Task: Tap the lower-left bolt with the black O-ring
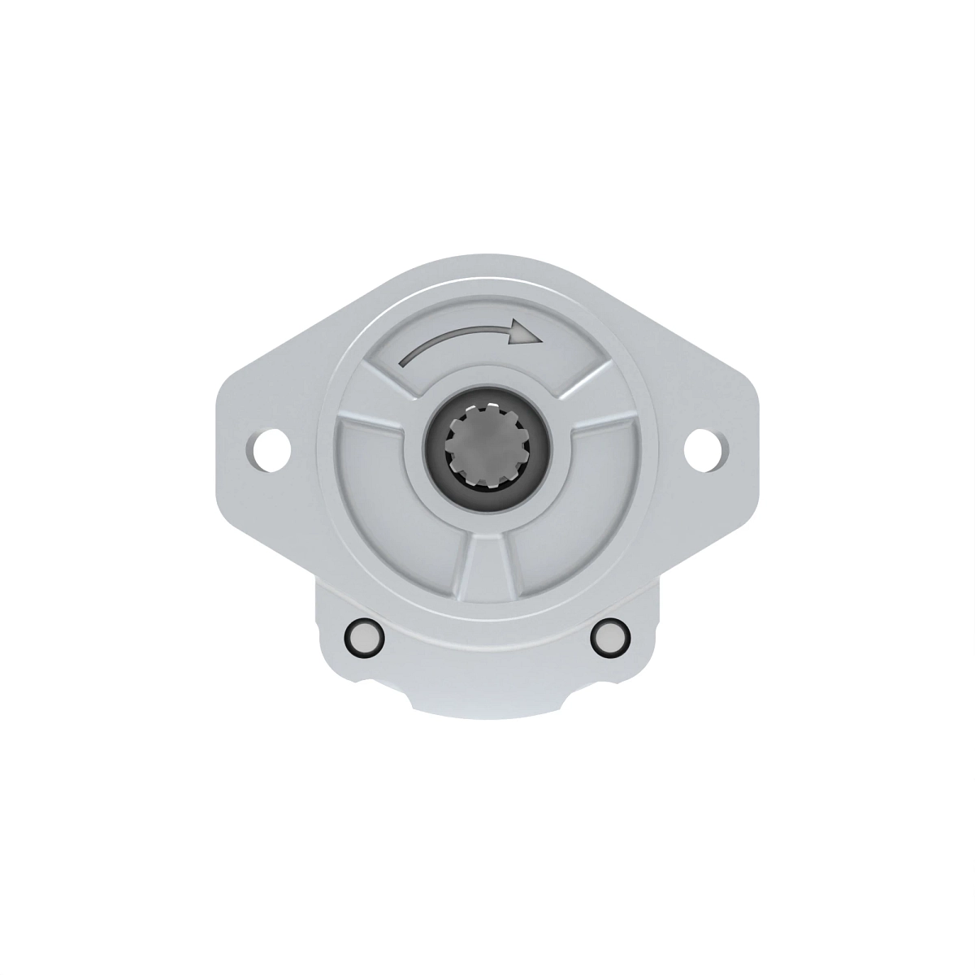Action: point(362,638)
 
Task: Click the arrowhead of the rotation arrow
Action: point(522,331)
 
